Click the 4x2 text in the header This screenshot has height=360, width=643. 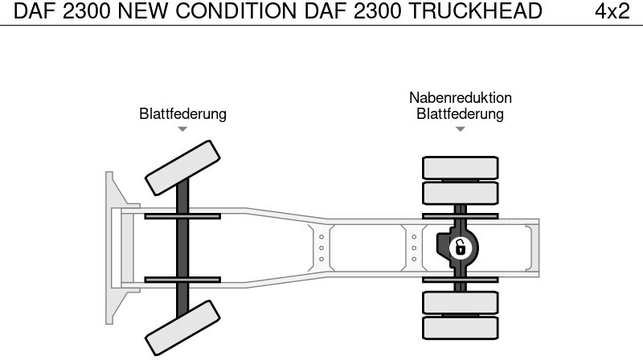(612, 11)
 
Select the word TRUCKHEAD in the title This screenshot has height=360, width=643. (475, 11)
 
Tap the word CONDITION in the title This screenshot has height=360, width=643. (235, 11)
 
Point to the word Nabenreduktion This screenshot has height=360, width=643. (460, 97)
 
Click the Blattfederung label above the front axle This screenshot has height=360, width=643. (182, 113)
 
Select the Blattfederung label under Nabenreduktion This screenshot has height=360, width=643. (460, 113)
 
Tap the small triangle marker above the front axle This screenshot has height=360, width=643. (182, 129)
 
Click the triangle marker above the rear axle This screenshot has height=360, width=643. (460, 129)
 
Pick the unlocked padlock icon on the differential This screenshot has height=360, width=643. (461, 248)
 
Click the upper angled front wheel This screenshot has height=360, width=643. (182, 168)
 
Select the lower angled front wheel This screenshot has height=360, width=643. (182, 328)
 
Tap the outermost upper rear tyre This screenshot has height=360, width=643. (460, 168)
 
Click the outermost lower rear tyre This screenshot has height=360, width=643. (460, 328)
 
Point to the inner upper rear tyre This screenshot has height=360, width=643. (460, 193)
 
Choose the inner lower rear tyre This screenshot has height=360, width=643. (460, 303)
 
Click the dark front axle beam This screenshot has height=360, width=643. (182, 247)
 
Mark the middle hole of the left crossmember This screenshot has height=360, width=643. (321, 248)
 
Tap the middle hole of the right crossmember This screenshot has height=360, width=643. (414, 248)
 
